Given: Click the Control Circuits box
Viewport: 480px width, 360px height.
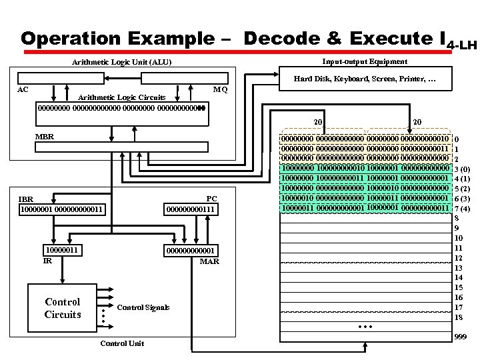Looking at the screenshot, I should tap(63, 308).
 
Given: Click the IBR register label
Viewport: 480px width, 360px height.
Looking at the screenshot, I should tap(26, 199).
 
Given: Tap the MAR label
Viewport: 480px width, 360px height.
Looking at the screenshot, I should tap(209, 261).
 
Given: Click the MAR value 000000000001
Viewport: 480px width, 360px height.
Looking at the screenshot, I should tap(191, 251).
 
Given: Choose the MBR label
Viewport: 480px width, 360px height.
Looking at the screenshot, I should tap(44, 136).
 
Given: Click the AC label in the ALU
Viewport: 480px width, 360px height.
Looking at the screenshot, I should tap(23, 89).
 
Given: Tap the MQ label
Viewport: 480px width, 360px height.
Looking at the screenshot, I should tap(221, 89).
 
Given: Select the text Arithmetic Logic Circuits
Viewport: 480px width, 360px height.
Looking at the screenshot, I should tap(122, 97).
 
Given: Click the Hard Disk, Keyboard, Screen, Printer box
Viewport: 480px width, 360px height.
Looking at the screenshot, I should tap(365, 79).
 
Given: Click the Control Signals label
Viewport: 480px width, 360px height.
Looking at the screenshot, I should tap(143, 307).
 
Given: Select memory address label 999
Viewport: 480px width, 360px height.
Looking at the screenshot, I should tap(461, 338).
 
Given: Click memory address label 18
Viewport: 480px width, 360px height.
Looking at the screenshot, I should tap(459, 317).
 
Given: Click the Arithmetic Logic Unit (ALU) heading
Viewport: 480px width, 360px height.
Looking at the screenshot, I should tap(122, 63).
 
